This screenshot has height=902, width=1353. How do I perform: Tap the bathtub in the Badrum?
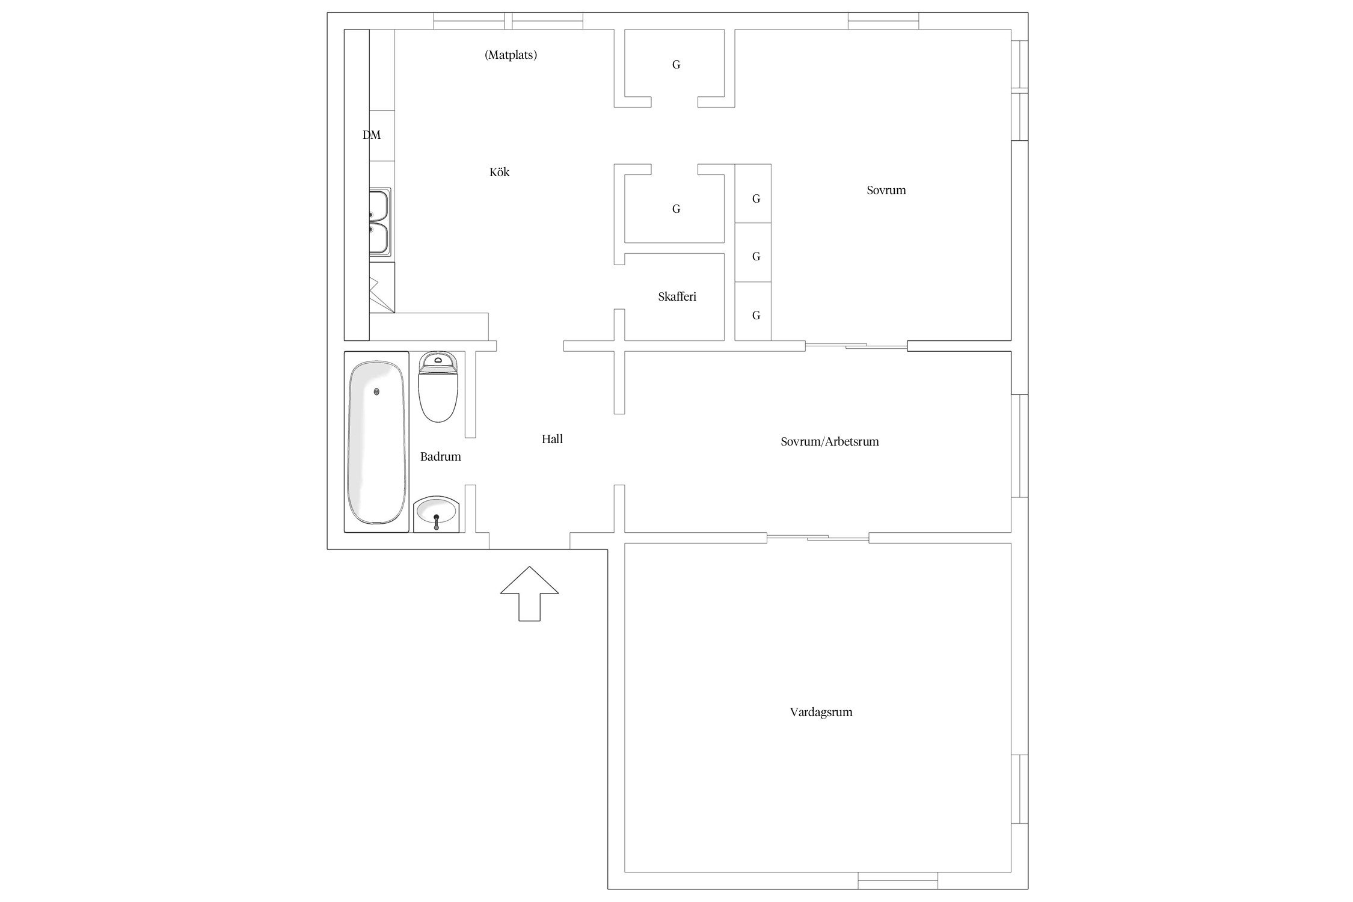pyautogui.click(x=376, y=442)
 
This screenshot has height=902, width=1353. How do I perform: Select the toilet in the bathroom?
pyautogui.click(x=438, y=387)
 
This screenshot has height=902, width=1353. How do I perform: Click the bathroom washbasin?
pyautogui.click(x=437, y=514)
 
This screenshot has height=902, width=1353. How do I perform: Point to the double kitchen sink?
pyautogui.click(x=380, y=222)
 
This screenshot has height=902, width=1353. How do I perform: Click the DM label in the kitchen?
pyautogui.click(x=372, y=135)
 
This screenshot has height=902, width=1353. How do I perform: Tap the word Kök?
pyautogui.click(x=499, y=173)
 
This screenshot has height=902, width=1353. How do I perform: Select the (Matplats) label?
pyautogui.click(x=511, y=55)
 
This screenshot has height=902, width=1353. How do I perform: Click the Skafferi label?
pyautogui.click(x=677, y=296)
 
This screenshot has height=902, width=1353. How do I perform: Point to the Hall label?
pyautogui.click(x=552, y=439)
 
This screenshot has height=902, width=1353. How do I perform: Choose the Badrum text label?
pyautogui.click(x=441, y=457)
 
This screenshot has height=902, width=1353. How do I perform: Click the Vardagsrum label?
pyautogui.click(x=821, y=713)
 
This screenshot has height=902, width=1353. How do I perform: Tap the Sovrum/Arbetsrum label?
pyautogui.click(x=830, y=441)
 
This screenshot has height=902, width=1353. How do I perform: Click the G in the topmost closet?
pyautogui.click(x=676, y=65)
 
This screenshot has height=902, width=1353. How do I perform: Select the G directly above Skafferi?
pyautogui.click(x=676, y=209)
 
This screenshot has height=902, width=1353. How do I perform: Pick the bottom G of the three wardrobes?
pyautogui.click(x=756, y=316)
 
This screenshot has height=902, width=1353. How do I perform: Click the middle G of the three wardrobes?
pyautogui.click(x=756, y=257)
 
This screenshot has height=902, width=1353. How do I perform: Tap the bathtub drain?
pyautogui.click(x=376, y=391)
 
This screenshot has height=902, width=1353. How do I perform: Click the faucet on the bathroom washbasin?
pyautogui.click(x=437, y=521)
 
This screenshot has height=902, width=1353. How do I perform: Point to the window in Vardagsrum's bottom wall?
pyautogui.click(x=898, y=880)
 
